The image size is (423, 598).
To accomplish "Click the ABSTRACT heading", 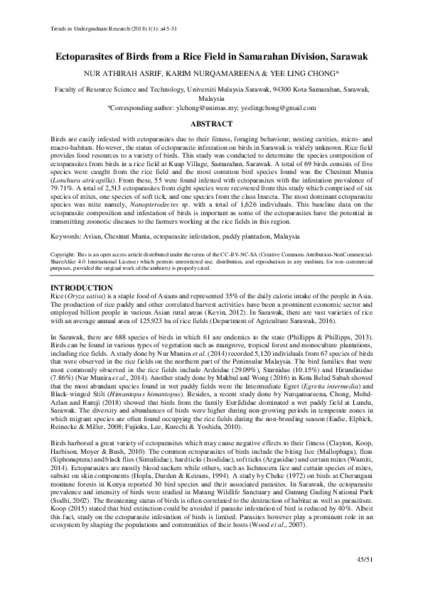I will click(x=212, y=124).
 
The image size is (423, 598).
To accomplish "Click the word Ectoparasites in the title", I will click(x=94, y=56).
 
